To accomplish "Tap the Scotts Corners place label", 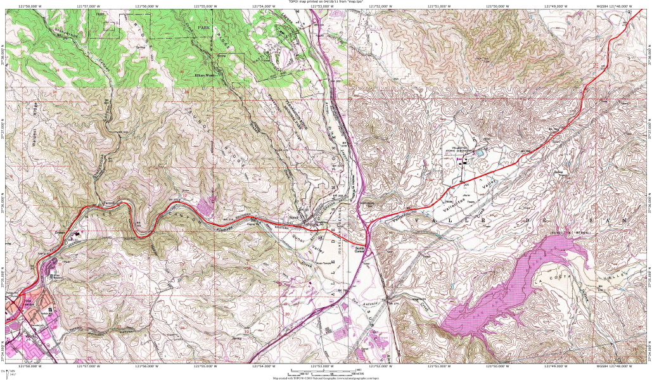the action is (x=359, y=248).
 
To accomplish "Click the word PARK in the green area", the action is (x=203, y=28).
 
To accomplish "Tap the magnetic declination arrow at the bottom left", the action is (x=11, y=372).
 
